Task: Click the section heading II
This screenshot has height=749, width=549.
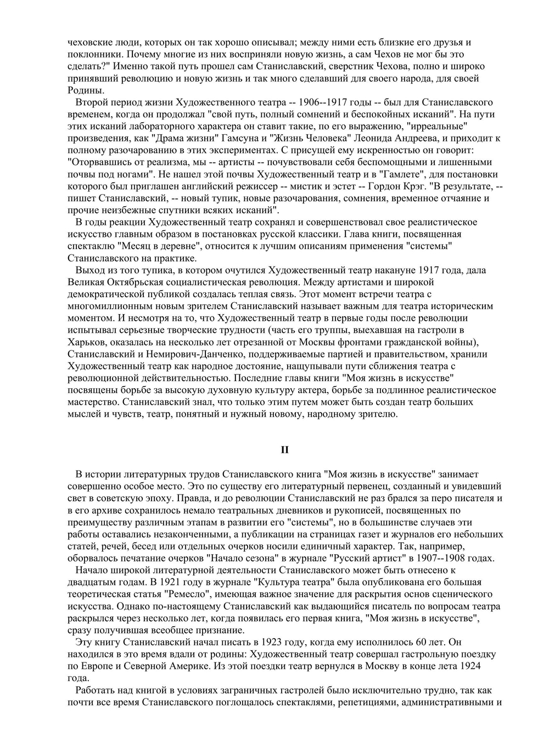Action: (284, 450)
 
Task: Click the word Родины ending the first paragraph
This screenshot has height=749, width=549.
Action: (84, 90)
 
